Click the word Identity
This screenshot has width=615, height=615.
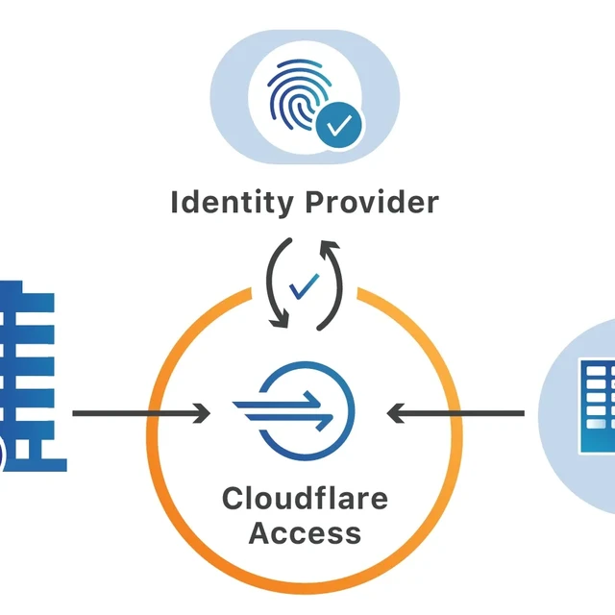click(232, 203)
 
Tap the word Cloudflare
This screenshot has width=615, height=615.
click(306, 499)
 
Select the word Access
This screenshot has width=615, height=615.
click(306, 532)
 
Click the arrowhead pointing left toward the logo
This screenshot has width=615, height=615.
click(395, 414)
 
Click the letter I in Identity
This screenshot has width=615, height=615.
click(175, 203)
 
